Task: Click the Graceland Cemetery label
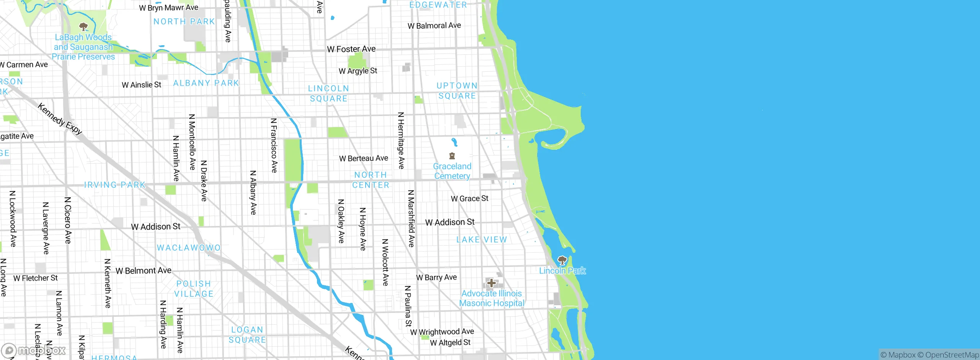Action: [x=452, y=171]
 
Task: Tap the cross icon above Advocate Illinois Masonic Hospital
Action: [x=492, y=283]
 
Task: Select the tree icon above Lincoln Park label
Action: [x=562, y=261]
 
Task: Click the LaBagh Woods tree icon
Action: [x=83, y=27]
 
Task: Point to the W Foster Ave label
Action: [x=351, y=49]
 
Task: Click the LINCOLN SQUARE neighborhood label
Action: [x=328, y=93]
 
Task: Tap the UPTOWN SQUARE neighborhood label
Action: [x=457, y=91]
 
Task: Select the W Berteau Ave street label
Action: [x=363, y=158]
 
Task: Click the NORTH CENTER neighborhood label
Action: [x=371, y=180]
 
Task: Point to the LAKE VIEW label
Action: [x=482, y=240]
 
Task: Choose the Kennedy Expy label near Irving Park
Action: [x=60, y=119]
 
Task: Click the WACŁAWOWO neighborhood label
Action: [x=189, y=248]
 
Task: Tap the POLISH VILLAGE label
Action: [x=194, y=289]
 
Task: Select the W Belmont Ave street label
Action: [x=144, y=271]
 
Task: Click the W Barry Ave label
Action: [x=436, y=277]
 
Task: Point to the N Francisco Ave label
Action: [x=274, y=145]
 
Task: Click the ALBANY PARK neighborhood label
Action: [x=206, y=83]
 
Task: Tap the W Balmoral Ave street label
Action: [x=434, y=26]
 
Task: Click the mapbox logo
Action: [x=34, y=350]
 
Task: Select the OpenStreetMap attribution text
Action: [x=952, y=355]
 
